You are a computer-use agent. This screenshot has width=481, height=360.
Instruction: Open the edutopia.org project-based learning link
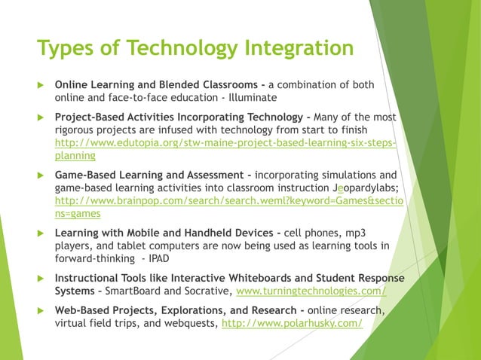click(225, 142)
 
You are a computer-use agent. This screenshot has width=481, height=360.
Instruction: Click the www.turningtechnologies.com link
click(311, 291)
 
